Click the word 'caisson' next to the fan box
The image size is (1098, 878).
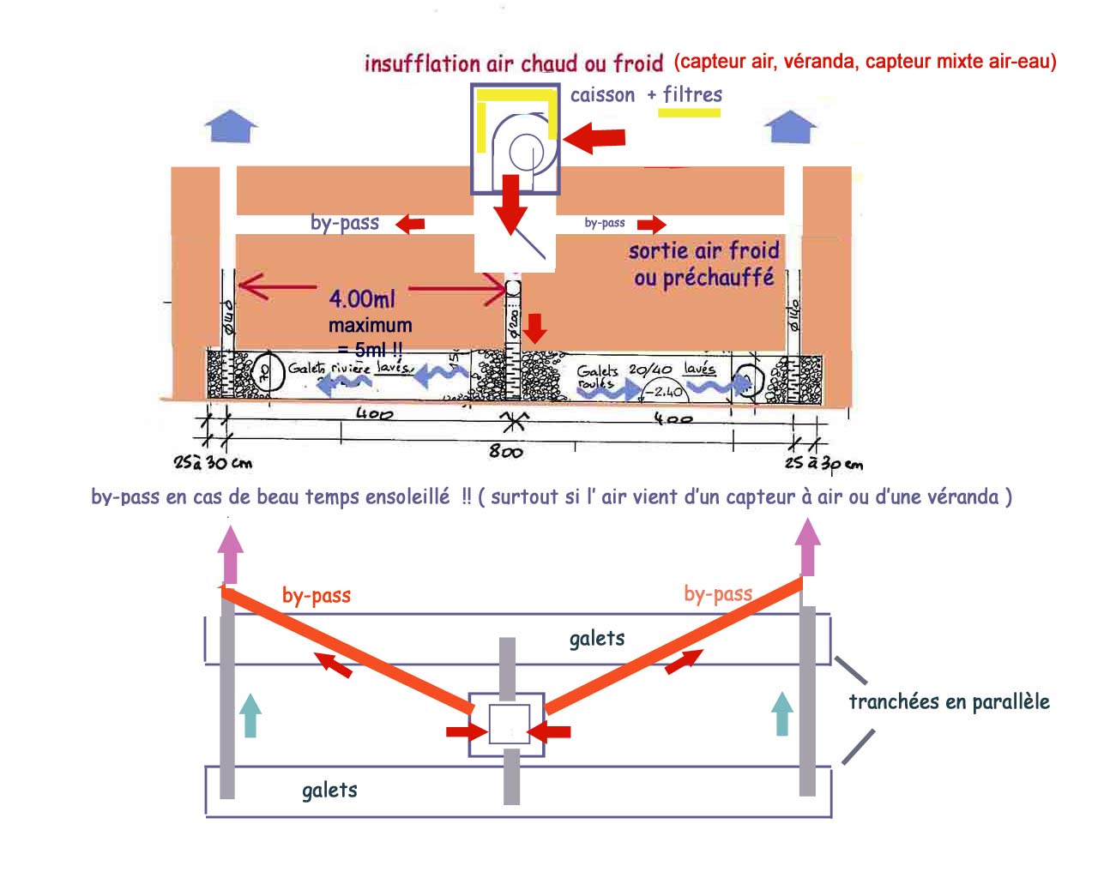point(602,95)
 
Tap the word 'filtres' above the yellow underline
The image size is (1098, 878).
point(692,94)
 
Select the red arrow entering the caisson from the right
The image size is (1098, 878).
point(594,137)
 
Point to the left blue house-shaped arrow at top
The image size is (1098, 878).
point(231,125)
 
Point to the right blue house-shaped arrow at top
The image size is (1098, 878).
point(790,125)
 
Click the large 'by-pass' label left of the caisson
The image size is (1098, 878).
point(345,223)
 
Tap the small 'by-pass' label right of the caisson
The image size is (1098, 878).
point(605,223)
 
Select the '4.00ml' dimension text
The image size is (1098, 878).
point(362,299)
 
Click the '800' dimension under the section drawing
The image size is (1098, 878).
point(505,451)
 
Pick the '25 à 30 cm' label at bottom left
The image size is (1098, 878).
point(213,463)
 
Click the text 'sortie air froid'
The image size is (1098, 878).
point(703,251)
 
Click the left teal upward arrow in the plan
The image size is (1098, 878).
point(250,716)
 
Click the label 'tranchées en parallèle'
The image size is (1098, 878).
point(949,702)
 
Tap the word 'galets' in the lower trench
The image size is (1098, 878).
point(329,790)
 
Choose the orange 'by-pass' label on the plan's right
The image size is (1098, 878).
point(718,593)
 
